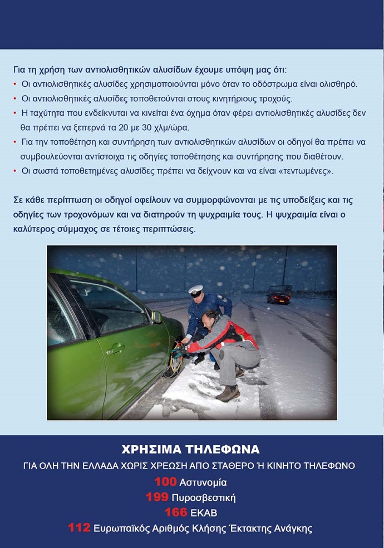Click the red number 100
166,482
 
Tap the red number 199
156,497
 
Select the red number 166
175,512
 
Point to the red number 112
79,528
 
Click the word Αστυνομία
203,482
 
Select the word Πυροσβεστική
204,497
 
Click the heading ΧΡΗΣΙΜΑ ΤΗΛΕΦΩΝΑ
190,450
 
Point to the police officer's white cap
196,290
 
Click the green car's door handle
116,349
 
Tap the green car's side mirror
156,317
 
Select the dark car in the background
279,294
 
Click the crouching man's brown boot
228,393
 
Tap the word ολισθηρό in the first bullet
337,85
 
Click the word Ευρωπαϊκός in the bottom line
123,529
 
